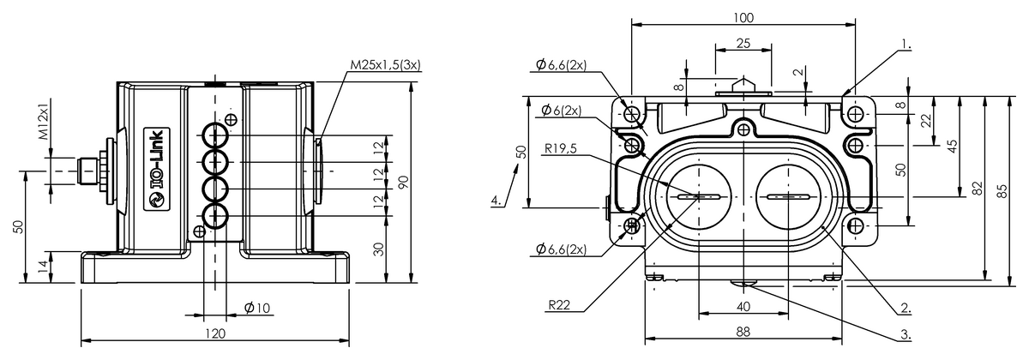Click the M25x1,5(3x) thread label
click(390, 65)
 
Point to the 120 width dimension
click(215, 333)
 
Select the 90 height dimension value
click(402, 183)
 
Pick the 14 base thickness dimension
click(44, 267)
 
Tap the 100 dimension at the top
click(743, 18)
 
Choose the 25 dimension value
click(743, 42)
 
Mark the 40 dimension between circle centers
click(743, 306)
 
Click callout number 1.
click(906, 41)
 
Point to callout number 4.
click(496, 201)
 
